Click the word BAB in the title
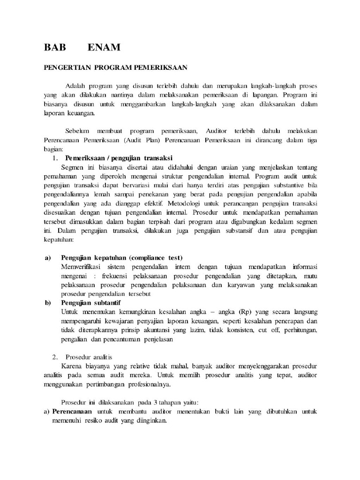pos(55,47)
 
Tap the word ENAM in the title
pos(103,47)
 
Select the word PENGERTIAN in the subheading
pos(67,67)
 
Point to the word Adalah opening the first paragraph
pos(75,87)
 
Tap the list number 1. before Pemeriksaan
pos(55,157)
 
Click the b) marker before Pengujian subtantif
pos(48,303)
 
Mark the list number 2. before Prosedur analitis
pos(55,357)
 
